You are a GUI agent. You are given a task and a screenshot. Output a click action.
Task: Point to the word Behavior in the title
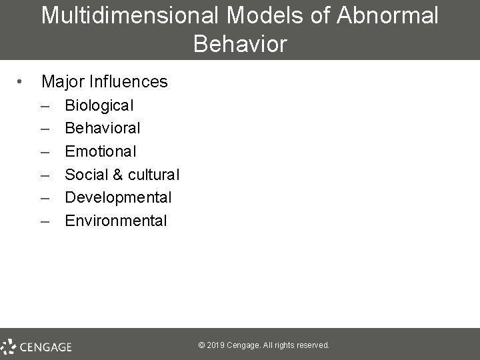pos(240,44)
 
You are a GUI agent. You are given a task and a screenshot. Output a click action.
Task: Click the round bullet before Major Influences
pos(21,82)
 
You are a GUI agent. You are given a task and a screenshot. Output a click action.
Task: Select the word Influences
pos(131,82)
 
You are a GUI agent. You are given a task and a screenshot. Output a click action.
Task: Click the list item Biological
pos(99,105)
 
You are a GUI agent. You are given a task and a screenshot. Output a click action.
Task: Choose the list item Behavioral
pos(102,127)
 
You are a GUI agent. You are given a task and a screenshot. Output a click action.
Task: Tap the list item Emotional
pos(100,151)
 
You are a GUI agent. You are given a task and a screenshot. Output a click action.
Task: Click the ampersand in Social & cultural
pos(117,174)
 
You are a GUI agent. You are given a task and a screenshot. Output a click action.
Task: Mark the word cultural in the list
pos(153,174)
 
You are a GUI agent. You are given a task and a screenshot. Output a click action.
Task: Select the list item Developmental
pos(118,197)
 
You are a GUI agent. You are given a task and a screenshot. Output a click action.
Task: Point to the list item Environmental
pos(115,221)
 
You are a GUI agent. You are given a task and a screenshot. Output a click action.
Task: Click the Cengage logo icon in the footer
pos(9,346)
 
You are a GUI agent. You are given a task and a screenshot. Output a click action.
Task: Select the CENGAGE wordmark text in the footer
pos(45,346)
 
